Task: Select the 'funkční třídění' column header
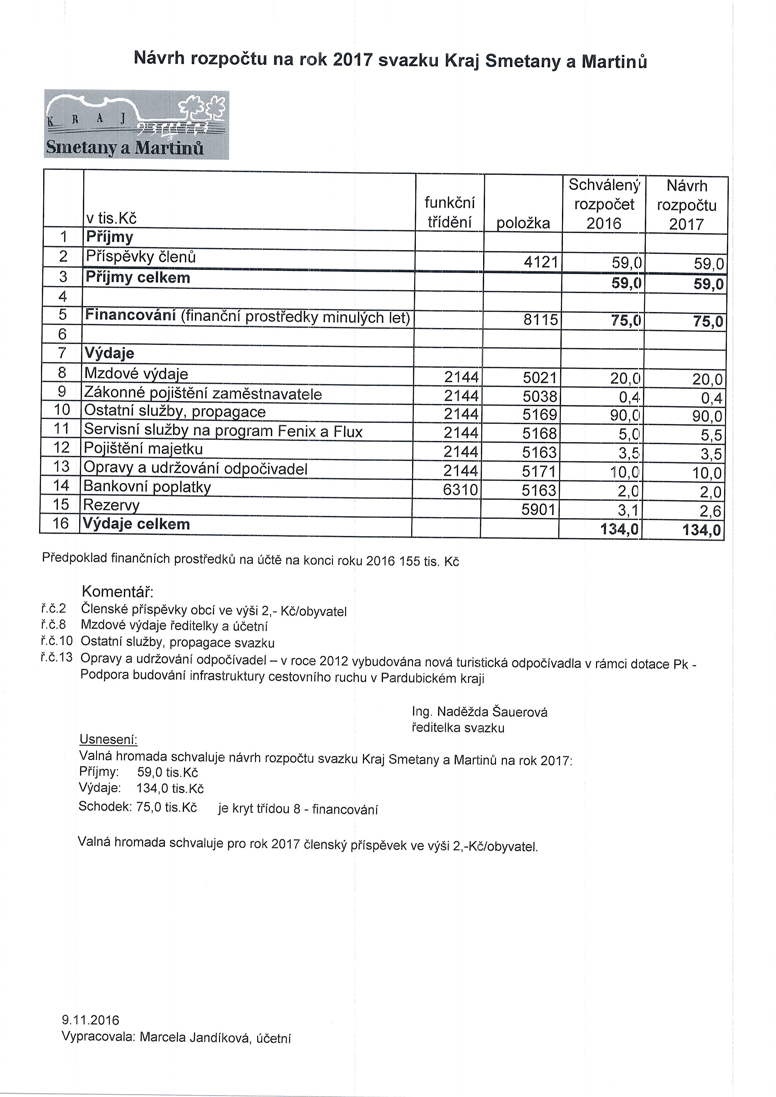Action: [449, 213]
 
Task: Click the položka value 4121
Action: [541, 262]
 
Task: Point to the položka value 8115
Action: [541, 320]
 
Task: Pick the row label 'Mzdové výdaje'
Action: [136, 374]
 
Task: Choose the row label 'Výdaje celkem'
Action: [136, 524]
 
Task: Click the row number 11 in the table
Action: [62, 429]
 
